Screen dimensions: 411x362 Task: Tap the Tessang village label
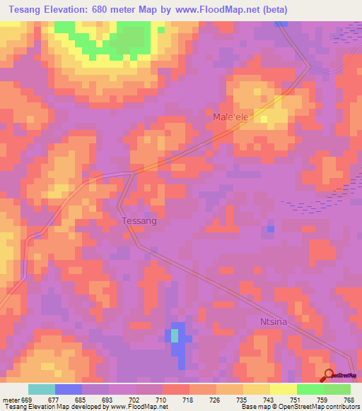[x=139, y=221]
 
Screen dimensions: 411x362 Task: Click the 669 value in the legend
[x=28, y=399]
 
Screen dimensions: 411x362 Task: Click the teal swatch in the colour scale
[x=42, y=389]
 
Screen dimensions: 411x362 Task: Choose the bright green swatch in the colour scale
[x=310, y=389]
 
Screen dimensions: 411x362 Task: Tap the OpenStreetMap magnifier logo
[x=329, y=375]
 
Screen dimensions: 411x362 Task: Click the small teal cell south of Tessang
[x=175, y=336]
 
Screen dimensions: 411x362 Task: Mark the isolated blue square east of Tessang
[x=271, y=230]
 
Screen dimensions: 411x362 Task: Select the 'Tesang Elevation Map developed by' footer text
[x=55, y=407]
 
